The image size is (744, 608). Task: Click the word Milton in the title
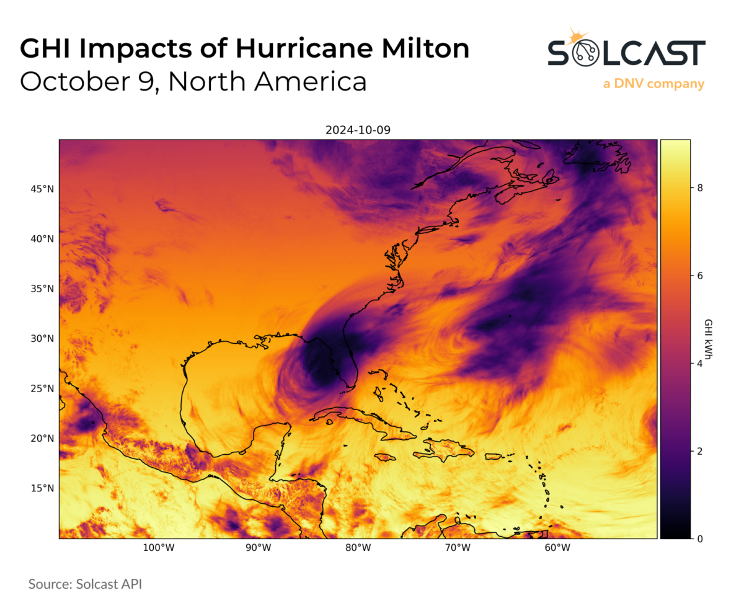point(417,49)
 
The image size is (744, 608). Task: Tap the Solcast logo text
point(626,53)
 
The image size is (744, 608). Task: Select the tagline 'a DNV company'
point(653,84)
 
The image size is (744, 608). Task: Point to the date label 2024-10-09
point(358,130)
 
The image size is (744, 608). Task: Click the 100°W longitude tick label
point(157,548)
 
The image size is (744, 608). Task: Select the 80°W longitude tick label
point(358,548)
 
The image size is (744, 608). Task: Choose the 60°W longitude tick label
point(557,548)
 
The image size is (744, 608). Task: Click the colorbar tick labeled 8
point(699,189)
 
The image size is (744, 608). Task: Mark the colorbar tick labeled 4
point(699,364)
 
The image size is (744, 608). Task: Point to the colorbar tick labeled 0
point(699,539)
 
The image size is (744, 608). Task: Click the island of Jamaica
point(385,457)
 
